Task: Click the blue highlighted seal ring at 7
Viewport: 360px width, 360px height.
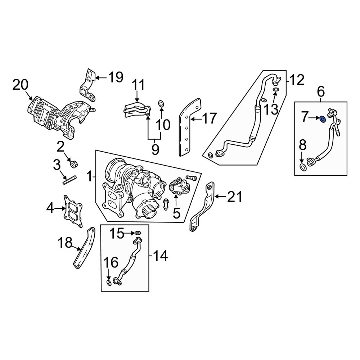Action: tap(323, 118)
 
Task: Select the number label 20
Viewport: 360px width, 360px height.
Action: tap(20, 86)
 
